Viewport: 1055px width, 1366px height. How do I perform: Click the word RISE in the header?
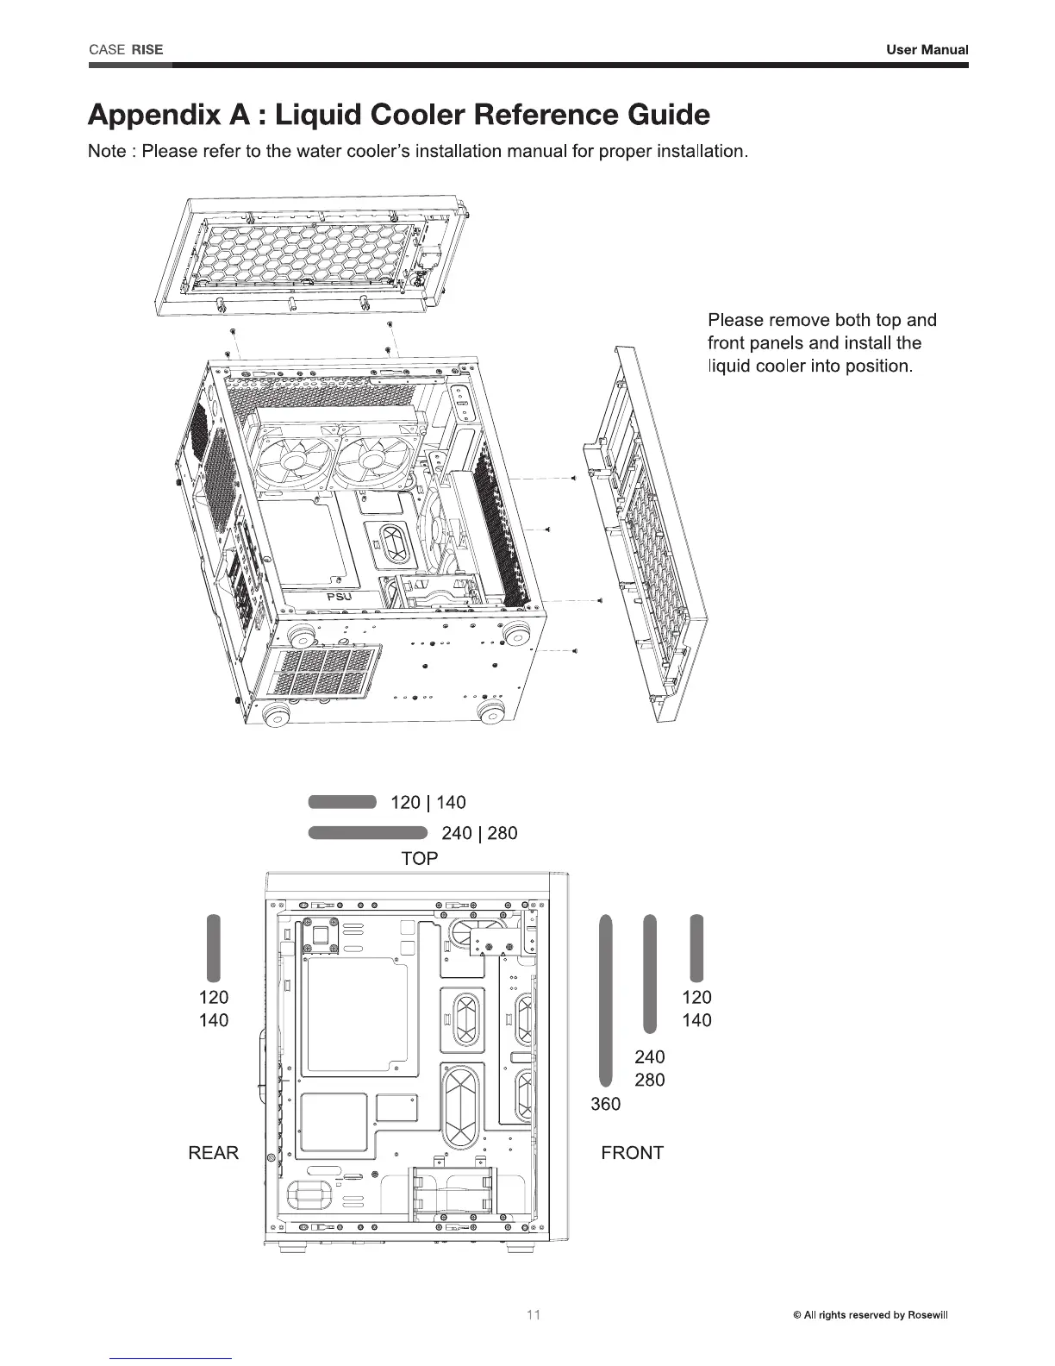tap(148, 49)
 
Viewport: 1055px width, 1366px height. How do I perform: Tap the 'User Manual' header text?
tap(927, 50)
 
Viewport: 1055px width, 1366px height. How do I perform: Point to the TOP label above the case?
tap(420, 858)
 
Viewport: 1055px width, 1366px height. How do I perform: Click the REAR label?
tap(213, 1153)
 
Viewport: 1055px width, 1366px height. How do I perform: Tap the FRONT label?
tap(632, 1153)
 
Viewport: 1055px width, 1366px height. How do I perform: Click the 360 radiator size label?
tap(605, 1104)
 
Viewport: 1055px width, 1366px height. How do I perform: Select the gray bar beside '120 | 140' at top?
tap(342, 802)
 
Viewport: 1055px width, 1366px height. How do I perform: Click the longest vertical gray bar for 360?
tap(606, 1001)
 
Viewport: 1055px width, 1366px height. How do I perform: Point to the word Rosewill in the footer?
tap(930, 1315)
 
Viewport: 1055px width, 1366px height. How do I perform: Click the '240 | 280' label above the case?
tap(479, 833)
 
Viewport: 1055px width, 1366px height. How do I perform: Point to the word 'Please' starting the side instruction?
tap(734, 321)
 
